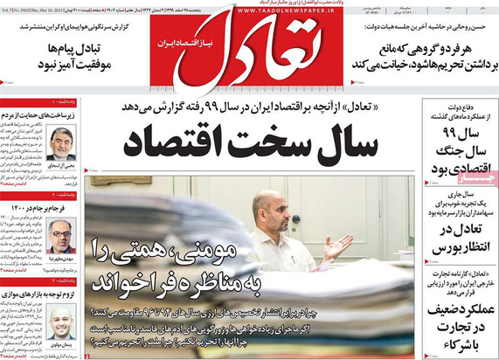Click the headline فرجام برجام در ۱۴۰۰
pyautogui.click(x=44, y=208)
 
